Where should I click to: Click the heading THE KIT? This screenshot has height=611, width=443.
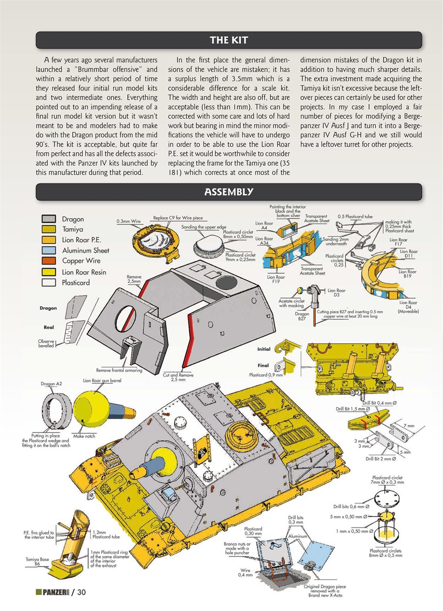point(229,40)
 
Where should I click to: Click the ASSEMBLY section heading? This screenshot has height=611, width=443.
point(229,192)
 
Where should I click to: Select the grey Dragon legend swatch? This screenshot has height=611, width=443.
point(48,219)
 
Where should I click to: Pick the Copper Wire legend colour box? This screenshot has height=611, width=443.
point(48,261)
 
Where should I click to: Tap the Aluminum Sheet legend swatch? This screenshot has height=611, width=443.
point(48,250)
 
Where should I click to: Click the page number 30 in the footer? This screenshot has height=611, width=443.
point(81,592)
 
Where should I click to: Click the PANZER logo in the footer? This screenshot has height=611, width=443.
point(52,592)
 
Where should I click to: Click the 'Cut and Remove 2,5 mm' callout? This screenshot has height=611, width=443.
point(178,377)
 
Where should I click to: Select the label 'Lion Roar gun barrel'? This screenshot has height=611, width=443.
point(103,381)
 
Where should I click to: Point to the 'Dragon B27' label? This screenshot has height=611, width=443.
point(302,316)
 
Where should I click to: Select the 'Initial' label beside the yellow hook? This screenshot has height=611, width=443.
point(263,349)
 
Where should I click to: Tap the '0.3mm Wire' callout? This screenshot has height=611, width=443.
point(128,221)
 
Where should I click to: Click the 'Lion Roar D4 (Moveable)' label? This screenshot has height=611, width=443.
point(408,307)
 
